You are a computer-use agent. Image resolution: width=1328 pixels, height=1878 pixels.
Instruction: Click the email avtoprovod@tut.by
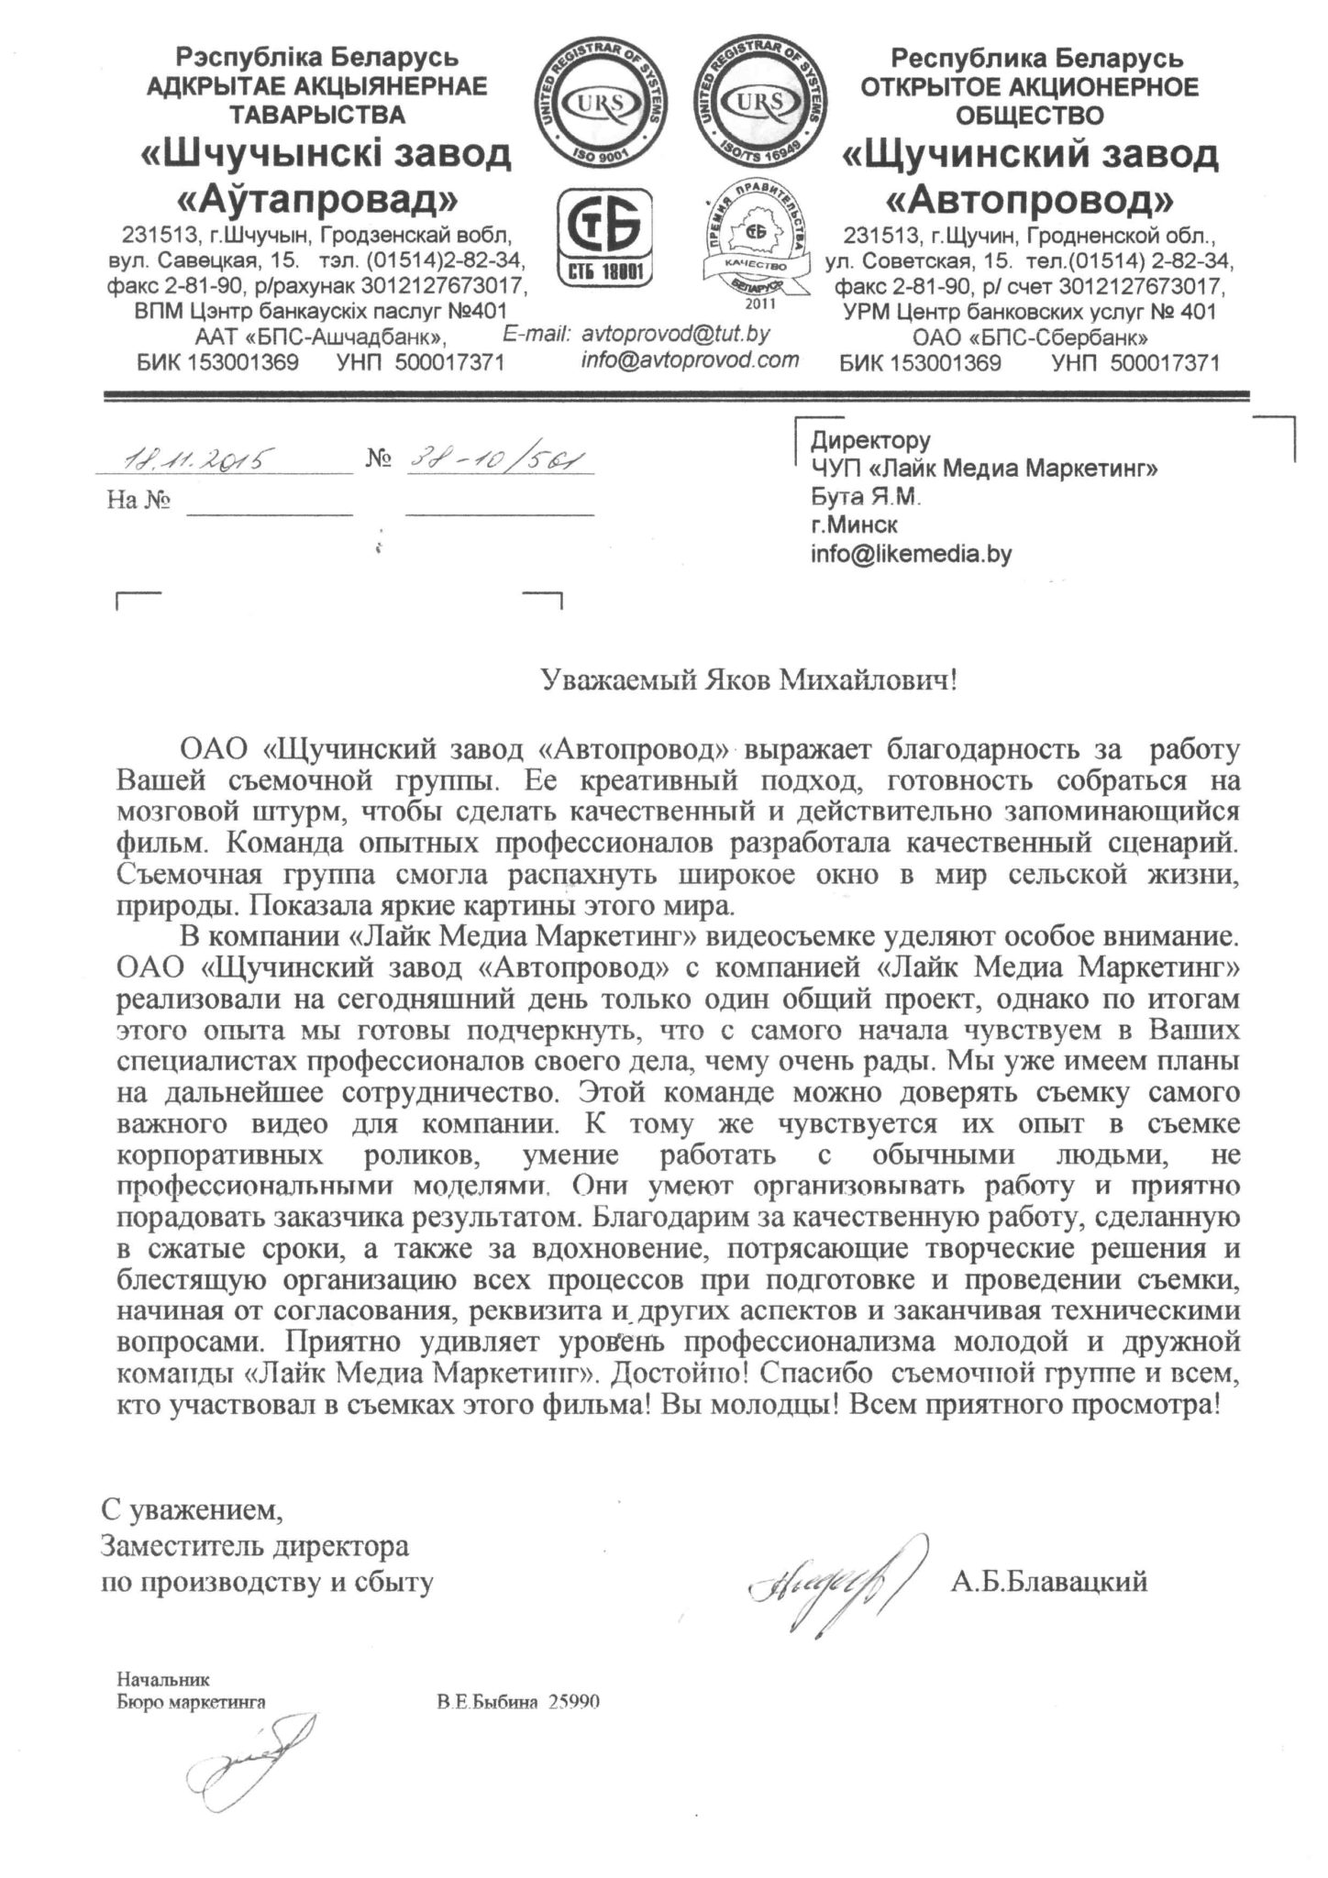pos(676,334)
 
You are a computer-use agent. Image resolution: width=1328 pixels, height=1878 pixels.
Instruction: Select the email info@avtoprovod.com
pos(690,360)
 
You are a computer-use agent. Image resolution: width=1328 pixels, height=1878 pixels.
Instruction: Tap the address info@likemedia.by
pos(911,555)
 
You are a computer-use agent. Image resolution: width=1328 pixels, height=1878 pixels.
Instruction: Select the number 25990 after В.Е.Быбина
pos(573,1702)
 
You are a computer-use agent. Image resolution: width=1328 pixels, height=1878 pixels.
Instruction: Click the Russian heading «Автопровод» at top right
pos(1030,198)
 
